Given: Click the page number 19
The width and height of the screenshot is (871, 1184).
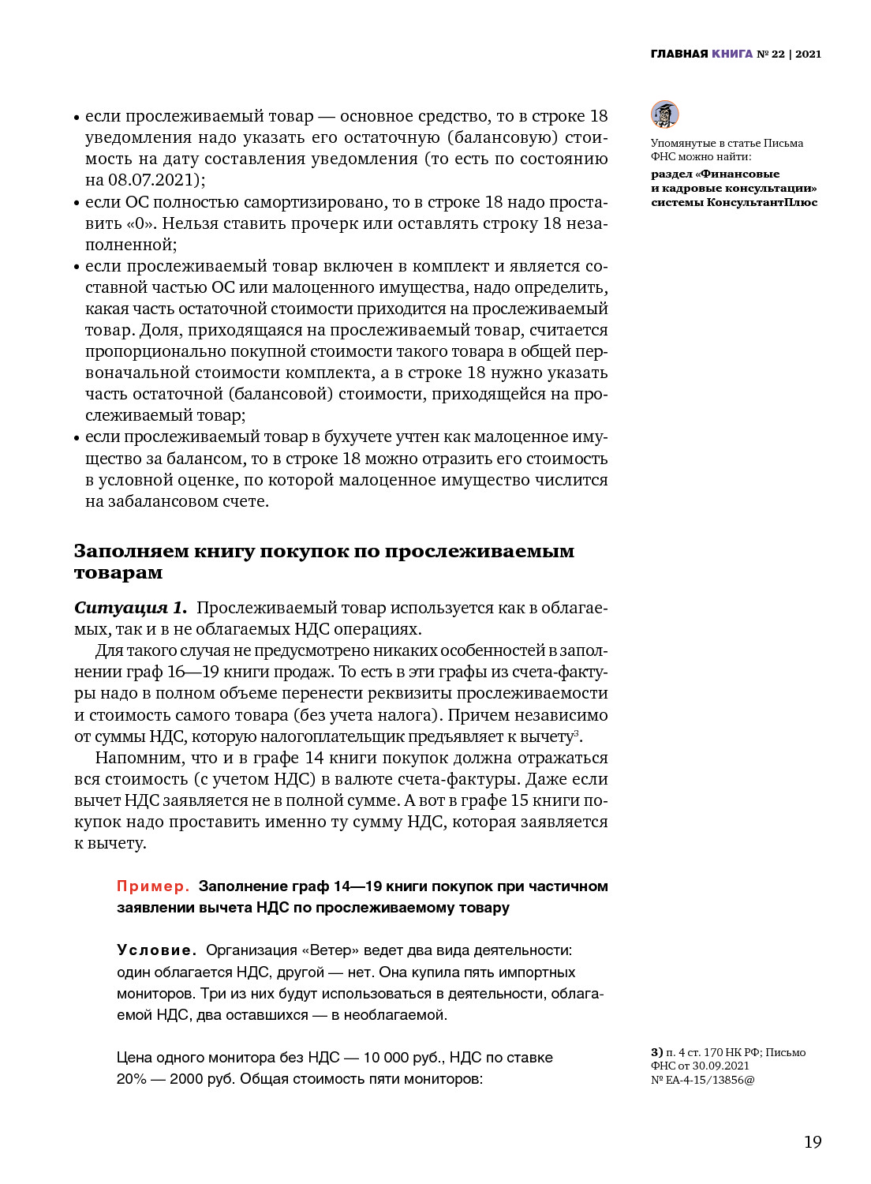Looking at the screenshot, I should coord(813,1142).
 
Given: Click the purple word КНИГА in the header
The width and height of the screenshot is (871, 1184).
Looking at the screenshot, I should coord(732,54).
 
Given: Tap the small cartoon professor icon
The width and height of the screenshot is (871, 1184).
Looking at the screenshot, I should coord(664,114).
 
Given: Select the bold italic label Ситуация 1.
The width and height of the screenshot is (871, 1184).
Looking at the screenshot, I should coord(131,608).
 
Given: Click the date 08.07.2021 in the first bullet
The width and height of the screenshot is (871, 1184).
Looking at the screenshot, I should coord(154,180).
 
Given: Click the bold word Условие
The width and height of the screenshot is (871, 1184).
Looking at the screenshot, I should coord(156,950).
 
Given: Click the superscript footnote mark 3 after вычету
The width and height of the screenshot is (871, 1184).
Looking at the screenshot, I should coord(576,733).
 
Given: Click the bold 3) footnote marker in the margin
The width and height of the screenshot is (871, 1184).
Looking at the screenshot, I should coord(656,1052).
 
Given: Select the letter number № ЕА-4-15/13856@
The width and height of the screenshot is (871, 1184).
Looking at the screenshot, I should coord(702,1080).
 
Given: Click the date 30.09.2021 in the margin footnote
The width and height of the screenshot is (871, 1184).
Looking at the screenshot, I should coord(721,1066).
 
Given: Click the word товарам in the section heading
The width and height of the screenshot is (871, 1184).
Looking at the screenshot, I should coord(118,573).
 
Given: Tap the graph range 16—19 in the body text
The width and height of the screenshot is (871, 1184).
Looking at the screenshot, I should coord(186,673).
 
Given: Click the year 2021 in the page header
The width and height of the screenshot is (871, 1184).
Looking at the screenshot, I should coord(809,54).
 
